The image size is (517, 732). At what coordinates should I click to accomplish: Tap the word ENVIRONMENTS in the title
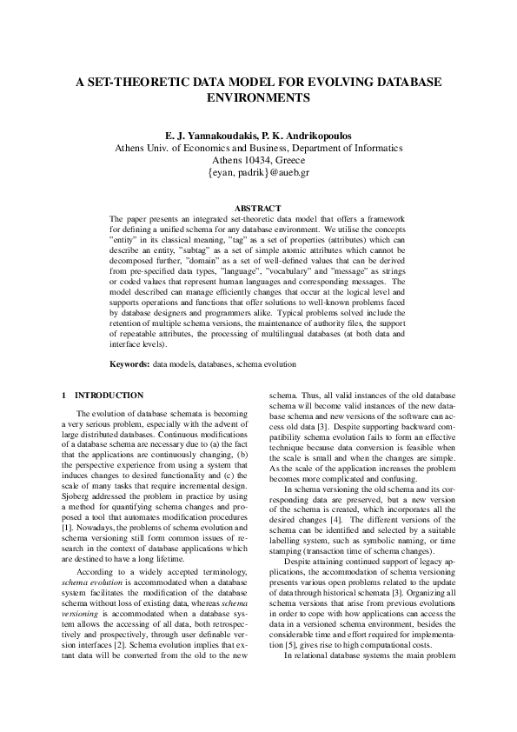[x=258, y=98]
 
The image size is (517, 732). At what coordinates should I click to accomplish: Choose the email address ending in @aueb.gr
[x=258, y=172]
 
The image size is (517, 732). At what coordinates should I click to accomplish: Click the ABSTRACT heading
[x=258, y=208]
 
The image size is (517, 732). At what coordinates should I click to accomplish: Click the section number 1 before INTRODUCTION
[x=65, y=396]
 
